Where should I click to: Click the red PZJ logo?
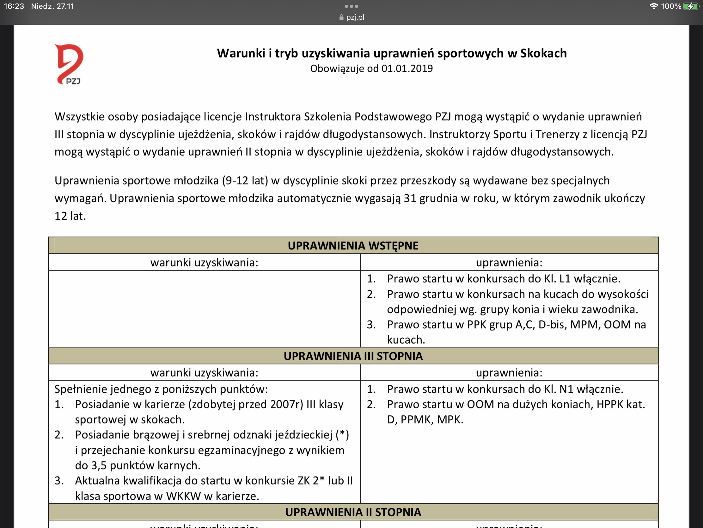tap(69, 64)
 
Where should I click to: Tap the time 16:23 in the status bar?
tap(14, 6)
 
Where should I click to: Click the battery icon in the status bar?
tap(691, 6)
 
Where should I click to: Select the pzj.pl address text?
tap(355, 17)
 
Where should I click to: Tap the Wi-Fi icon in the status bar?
tap(653, 6)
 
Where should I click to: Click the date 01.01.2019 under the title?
tap(407, 68)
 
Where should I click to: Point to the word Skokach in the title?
tap(543, 53)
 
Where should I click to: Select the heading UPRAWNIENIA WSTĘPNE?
tap(353, 246)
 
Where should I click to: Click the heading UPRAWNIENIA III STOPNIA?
tap(353, 356)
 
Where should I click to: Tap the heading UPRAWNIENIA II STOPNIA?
tap(353, 512)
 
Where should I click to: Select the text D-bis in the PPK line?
tap(552, 325)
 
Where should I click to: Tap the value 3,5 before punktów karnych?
tap(99, 465)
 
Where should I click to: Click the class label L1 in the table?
tap(565, 279)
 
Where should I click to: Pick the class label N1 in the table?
tap(566, 389)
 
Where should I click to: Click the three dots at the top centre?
tap(351, 6)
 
